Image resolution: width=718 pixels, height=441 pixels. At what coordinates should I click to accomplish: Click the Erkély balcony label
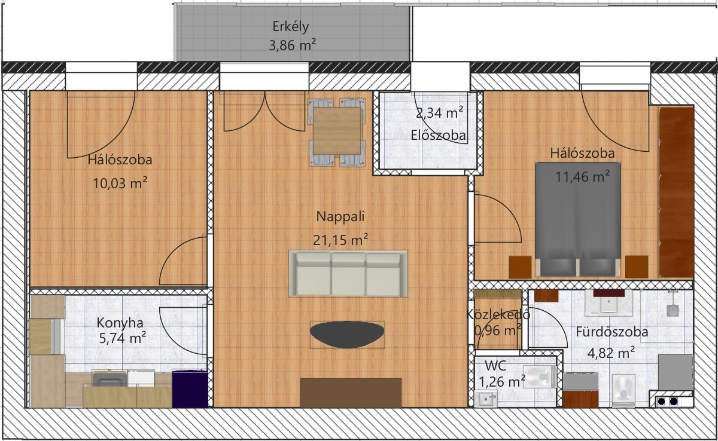tap(290, 26)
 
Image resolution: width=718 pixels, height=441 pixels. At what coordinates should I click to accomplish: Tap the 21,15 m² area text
tap(340, 240)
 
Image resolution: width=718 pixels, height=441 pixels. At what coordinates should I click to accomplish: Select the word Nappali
tap(340, 217)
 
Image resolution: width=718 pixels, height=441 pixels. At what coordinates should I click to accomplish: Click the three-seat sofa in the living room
tap(348, 274)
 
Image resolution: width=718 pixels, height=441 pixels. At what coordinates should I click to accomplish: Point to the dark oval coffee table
tap(347, 335)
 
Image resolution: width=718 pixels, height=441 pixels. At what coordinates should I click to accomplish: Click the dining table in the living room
tap(337, 131)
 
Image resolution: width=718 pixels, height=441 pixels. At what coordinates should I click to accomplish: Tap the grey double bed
tap(578, 219)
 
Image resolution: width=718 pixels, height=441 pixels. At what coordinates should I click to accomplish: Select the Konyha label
tap(120, 323)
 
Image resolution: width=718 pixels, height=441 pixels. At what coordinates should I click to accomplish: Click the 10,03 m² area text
tap(120, 183)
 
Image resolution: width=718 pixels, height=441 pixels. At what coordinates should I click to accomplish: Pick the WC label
tap(495, 366)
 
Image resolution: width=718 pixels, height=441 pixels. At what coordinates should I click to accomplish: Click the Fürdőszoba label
tap(612, 332)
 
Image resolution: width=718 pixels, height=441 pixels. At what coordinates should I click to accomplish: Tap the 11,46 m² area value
tap(582, 176)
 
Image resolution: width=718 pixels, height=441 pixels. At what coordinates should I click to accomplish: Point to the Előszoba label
tap(438, 136)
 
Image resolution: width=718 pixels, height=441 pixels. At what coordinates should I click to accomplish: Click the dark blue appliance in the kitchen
tap(190, 388)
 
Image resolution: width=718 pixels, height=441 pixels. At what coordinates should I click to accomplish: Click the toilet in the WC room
tap(540, 376)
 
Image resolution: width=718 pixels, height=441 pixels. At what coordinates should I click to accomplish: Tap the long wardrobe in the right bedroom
tap(676, 192)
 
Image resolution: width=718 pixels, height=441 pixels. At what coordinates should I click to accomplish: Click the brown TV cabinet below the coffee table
tap(351, 393)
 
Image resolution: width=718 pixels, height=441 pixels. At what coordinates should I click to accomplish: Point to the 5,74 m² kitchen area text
tap(123, 338)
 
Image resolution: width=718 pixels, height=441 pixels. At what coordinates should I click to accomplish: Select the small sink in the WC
tap(486, 399)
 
